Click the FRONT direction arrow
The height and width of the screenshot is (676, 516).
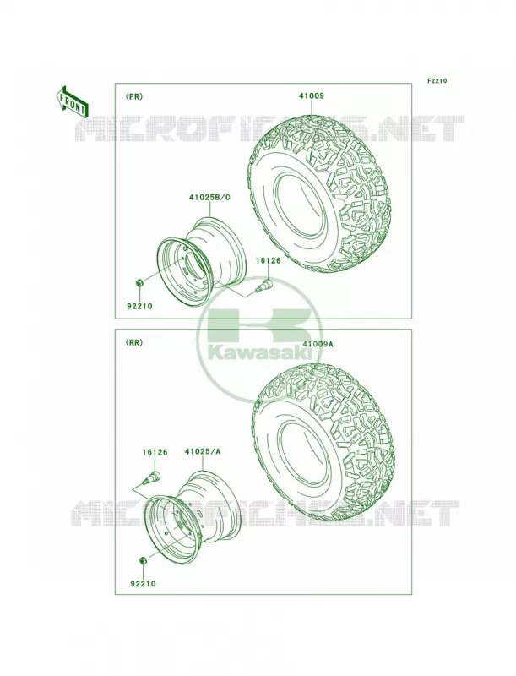click(x=72, y=101)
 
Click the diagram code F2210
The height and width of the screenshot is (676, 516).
click(x=437, y=80)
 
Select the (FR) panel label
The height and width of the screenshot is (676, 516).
click(x=133, y=96)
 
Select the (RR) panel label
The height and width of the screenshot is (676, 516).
click(x=133, y=343)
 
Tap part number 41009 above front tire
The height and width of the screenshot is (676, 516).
click(x=312, y=96)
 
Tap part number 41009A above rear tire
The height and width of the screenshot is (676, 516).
click(x=318, y=345)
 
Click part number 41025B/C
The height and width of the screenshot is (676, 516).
click(x=209, y=198)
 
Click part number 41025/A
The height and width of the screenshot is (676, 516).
click(x=203, y=451)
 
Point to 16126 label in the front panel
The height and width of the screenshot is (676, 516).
click(x=268, y=260)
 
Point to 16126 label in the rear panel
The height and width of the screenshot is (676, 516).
click(x=155, y=452)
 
